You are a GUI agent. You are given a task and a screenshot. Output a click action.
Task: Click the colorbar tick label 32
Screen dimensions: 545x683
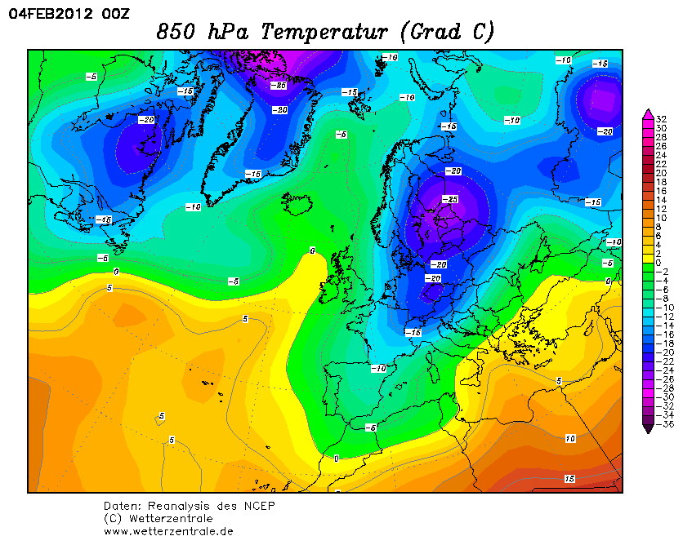coord(661,119)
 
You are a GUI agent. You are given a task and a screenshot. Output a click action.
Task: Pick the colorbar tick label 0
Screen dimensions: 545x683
coord(659,263)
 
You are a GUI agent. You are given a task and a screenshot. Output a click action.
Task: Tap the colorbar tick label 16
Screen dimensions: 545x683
coord(661,191)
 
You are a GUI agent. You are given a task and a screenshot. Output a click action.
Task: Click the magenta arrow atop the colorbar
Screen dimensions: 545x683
coord(648,113)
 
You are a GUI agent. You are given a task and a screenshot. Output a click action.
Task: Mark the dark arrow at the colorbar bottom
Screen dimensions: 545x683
coord(648,428)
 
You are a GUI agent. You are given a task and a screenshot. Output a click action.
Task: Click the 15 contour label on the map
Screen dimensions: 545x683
coord(569,478)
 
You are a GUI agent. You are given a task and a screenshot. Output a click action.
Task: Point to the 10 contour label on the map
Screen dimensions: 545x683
coord(569,438)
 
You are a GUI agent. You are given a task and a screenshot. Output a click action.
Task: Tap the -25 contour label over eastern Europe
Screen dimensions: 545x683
coord(449,199)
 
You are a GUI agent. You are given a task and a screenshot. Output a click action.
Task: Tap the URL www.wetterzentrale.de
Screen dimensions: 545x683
coord(168,530)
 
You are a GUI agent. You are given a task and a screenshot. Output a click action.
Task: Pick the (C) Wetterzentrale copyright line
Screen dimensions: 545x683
coord(158,518)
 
